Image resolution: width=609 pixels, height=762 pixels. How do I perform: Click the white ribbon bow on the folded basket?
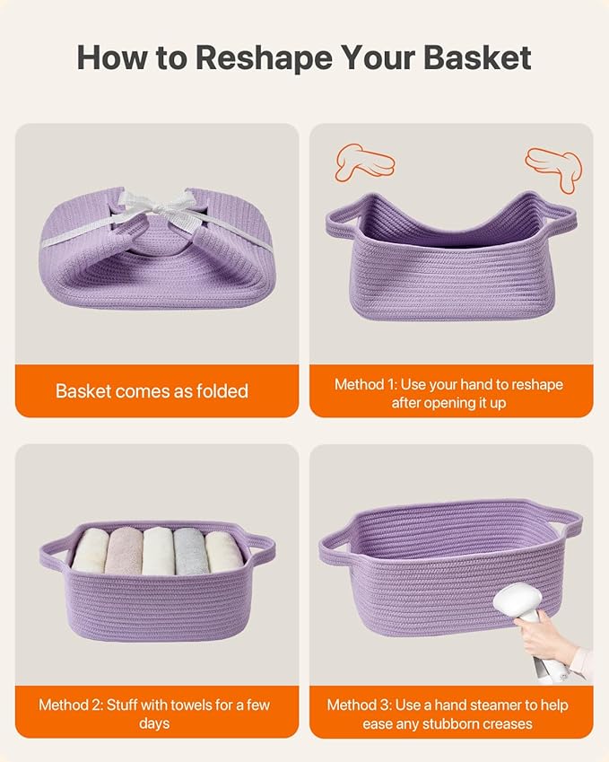159,207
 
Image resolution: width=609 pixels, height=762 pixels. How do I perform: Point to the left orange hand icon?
365,162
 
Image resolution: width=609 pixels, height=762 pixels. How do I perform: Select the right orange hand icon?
554,168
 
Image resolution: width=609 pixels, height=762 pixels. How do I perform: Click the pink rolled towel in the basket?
124,551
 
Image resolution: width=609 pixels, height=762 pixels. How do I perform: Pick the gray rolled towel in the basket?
190,551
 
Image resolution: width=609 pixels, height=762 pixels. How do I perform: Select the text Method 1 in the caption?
366,384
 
